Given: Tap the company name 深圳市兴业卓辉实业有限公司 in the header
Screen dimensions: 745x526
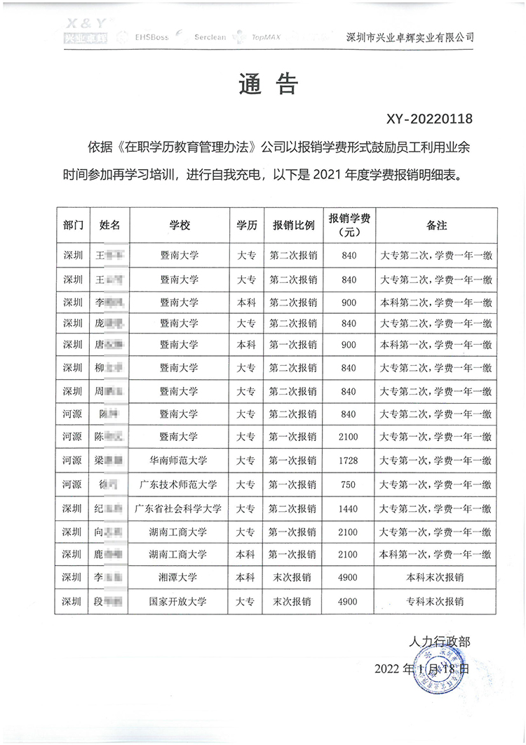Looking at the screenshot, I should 410,37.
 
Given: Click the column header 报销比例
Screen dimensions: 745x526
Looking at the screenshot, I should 294,225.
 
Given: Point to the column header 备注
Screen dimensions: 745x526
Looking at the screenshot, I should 436,225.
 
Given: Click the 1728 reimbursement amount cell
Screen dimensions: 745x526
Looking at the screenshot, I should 349,461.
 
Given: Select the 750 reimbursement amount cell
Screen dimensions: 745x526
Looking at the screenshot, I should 349,484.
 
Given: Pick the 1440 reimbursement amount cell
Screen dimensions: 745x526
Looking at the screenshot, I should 349,508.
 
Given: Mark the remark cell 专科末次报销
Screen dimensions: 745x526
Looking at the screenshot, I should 436,601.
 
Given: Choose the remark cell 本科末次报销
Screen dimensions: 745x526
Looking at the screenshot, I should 436,578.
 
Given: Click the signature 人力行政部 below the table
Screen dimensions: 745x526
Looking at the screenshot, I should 440,641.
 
